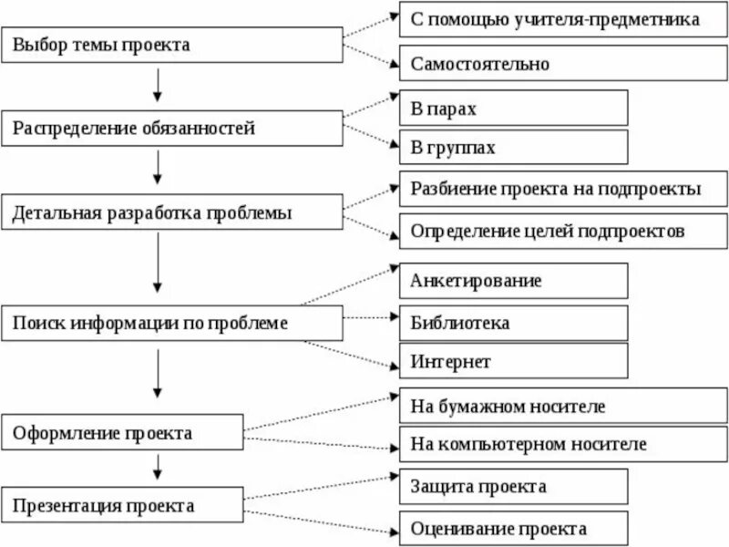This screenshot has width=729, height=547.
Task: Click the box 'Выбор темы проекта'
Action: pyautogui.click(x=172, y=45)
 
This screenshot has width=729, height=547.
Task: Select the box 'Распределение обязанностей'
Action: pyautogui.click(x=172, y=129)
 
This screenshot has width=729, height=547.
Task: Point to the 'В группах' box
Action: pyautogui.click(x=513, y=148)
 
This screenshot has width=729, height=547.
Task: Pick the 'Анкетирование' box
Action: pyautogui.click(x=513, y=281)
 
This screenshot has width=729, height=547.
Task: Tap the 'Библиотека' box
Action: pyautogui.click(x=513, y=323)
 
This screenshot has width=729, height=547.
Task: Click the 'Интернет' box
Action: pyautogui.click(x=513, y=361)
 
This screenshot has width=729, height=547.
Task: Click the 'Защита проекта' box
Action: pyautogui.click(x=513, y=485)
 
